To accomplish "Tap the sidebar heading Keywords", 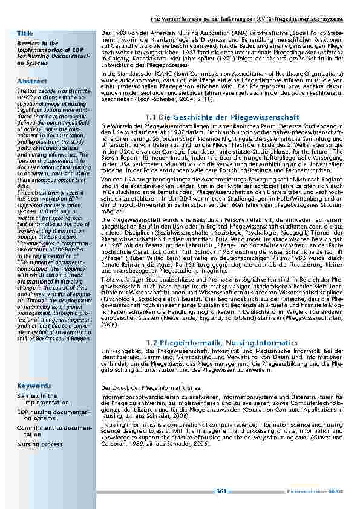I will (35, 386).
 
